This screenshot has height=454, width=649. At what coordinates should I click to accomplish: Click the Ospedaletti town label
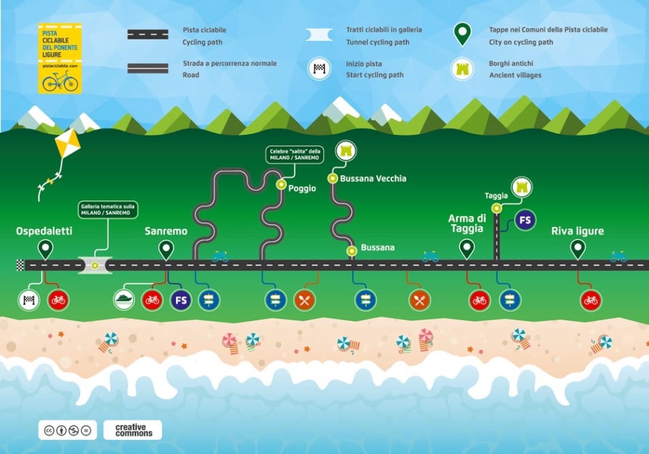(44, 232)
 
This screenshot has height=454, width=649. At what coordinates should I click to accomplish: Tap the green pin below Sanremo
(166, 249)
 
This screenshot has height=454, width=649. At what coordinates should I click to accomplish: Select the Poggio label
(301, 189)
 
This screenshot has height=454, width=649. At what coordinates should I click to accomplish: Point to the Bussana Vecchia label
(373, 179)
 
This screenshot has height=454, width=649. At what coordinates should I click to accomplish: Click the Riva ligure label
(577, 231)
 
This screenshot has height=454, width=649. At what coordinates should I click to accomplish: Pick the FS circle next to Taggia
(525, 220)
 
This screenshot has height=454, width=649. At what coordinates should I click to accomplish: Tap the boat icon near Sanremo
(124, 299)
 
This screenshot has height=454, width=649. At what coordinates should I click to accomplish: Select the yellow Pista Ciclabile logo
(61, 59)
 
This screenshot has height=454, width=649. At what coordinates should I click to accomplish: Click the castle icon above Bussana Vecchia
(345, 151)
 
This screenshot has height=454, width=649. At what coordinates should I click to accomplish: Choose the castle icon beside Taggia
(522, 186)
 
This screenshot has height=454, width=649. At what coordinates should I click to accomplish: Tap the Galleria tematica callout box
(108, 209)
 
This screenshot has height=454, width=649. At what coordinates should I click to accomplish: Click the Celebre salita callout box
(295, 155)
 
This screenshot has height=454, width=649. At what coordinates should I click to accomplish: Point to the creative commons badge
(133, 429)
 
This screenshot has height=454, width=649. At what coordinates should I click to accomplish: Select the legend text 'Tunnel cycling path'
(377, 42)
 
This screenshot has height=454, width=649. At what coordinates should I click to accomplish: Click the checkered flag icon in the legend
(318, 69)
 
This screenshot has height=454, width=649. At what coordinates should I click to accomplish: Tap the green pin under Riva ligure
(578, 249)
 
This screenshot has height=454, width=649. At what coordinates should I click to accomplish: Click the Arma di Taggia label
(466, 223)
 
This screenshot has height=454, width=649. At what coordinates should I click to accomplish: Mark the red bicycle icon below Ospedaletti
(58, 299)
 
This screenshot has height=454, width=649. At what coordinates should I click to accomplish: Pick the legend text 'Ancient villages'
(515, 75)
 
